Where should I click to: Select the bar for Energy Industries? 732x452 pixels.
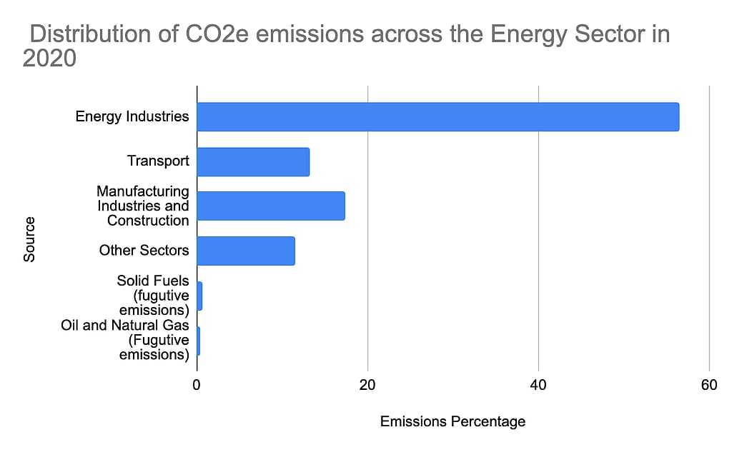(x=437, y=116)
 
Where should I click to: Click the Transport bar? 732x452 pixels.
(x=253, y=161)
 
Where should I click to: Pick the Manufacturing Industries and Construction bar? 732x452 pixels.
(x=271, y=206)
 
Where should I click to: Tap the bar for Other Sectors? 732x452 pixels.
(x=246, y=251)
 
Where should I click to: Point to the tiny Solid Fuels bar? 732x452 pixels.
(x=199, y=296)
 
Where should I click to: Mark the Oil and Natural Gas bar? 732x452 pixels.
(x=198, y=341)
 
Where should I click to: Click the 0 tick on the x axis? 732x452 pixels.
(x=197, y=384)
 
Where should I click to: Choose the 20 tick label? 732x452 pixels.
(x=367, y=384)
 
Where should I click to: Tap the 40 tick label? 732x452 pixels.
(x=538, y=384)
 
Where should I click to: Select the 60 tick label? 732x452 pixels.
(x=709, y=384)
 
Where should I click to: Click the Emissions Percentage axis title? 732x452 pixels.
(x=452, y=421)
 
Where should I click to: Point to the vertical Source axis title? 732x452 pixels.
(x=29, y=240)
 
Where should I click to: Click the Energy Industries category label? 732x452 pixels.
(x=132, y=116)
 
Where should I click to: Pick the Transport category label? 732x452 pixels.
(x=158, y=161)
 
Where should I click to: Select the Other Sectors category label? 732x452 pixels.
(x=144, y=251)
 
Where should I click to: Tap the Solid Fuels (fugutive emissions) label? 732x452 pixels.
(x=153, y=296)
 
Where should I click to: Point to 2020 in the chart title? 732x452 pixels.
(x=49, y=59)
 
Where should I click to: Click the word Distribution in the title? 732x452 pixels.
(x=79, y=34)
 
